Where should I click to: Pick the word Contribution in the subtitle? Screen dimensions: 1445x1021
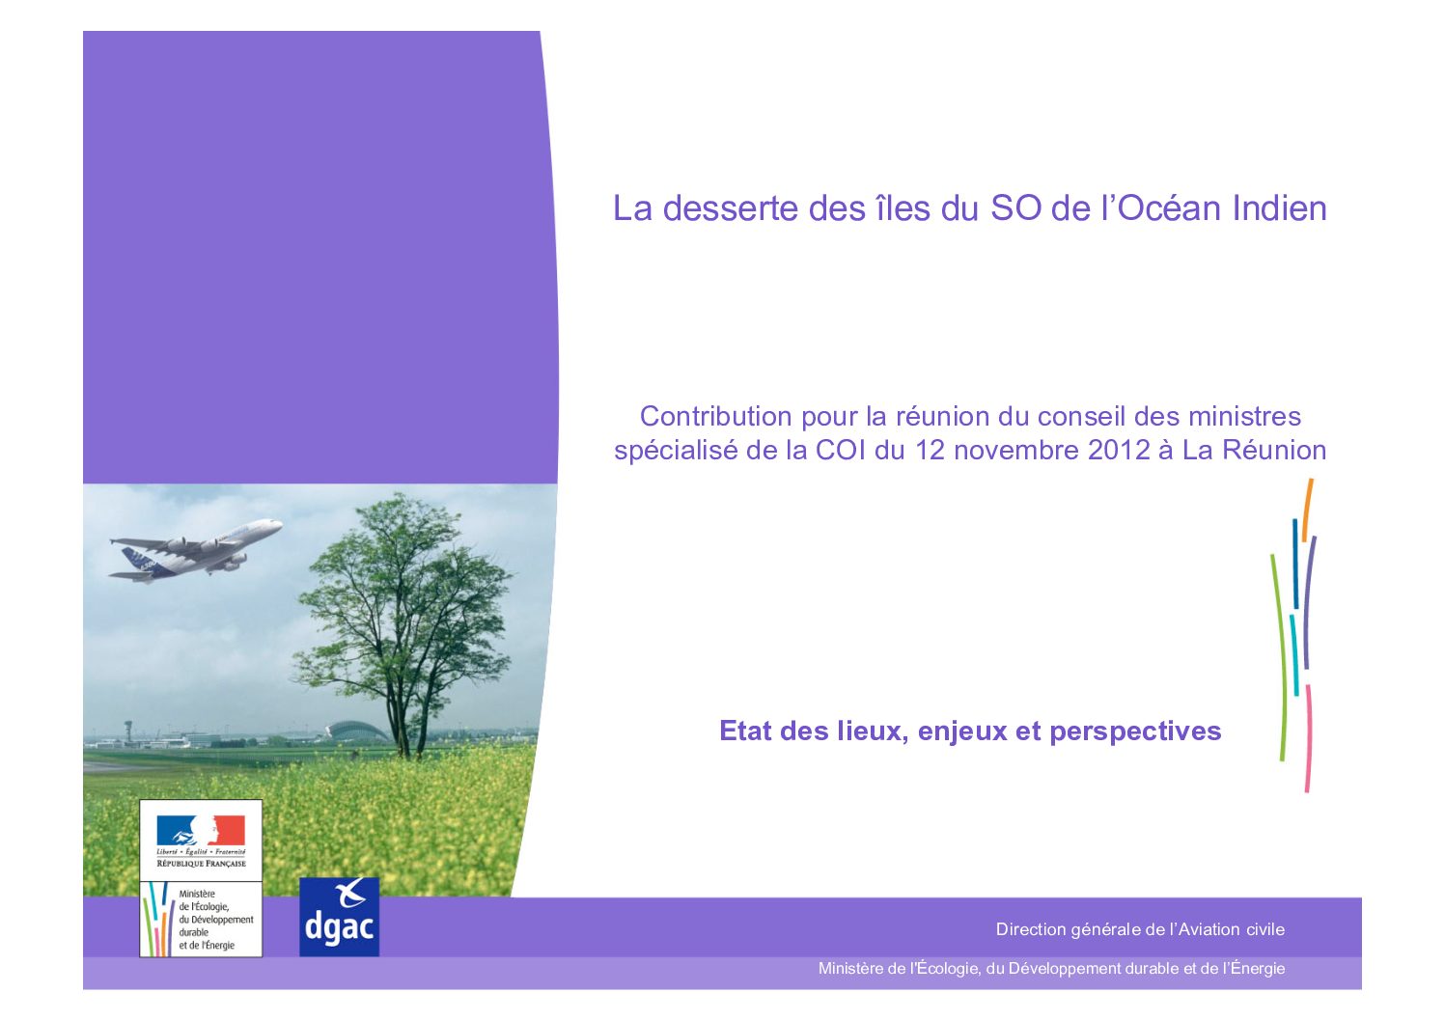[x=715, y=417]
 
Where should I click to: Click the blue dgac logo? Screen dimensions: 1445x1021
[x=340, y=917]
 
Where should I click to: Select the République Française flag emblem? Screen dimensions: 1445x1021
[x=201, y=830]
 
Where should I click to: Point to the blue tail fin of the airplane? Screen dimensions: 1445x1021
[x=138, y=559]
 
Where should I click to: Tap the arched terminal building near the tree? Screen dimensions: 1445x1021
[x=357, y=731]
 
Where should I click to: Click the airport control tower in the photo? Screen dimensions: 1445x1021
[x=128, y=731]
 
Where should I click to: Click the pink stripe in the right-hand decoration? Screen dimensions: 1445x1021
[x=1308, y=738]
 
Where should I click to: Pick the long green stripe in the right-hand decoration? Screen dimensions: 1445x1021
[x=1279, y=658]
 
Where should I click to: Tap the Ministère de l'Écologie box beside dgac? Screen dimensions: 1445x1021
[x=201, y=919]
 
